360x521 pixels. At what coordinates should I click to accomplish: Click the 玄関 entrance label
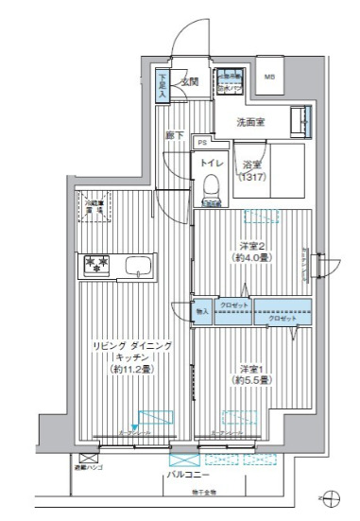coord(190,82)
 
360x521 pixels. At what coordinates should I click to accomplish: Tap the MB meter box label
coord(270,78)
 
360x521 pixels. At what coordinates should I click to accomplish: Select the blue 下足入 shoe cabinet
coord(163,88)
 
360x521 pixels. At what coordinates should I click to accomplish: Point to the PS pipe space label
coord(202,143)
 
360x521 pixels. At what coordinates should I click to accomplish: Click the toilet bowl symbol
coord(210,190)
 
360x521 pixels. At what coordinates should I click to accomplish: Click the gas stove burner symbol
coord(97,264)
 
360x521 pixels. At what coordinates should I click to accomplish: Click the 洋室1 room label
coord(251,373)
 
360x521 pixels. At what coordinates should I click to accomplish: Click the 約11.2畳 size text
coord(131,369)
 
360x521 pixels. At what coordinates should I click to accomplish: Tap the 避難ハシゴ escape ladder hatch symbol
coord(89,458)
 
